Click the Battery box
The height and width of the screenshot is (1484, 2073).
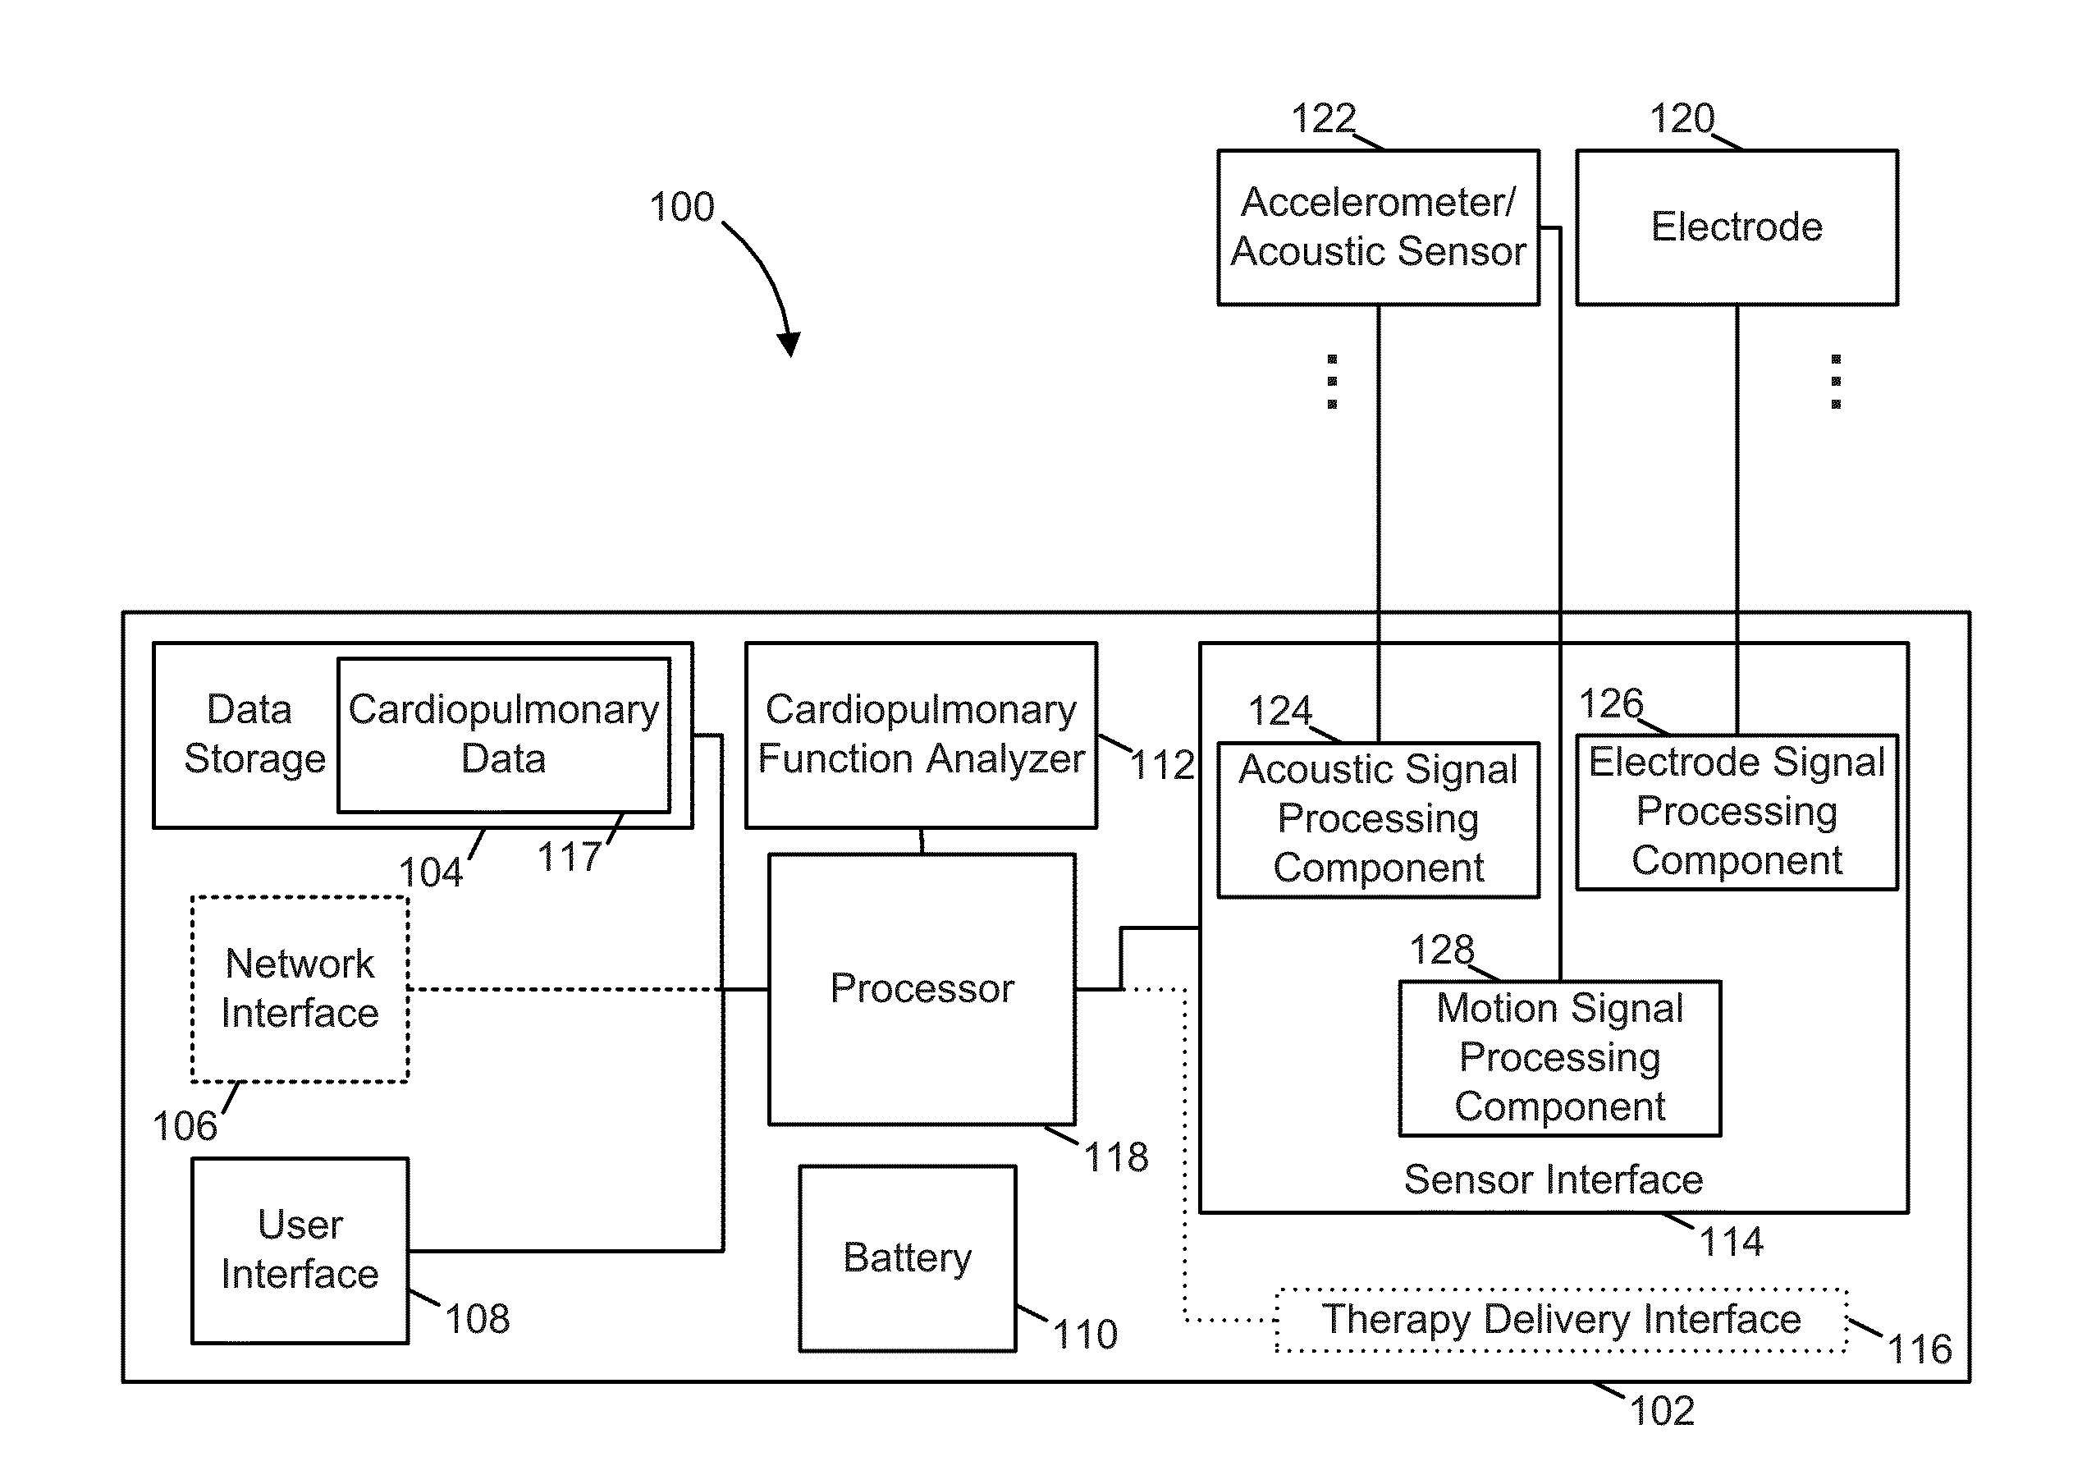pyautogui.click(x=907, y=1257)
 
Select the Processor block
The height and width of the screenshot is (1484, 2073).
pyautogui.click(x=922, y=989)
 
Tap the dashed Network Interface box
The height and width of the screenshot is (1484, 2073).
pyautogui.click(x=300, y=989)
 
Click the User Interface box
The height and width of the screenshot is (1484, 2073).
pyautogui.click(x=300, y=1250)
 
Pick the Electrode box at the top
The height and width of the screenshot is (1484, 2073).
pyautogui.click(x=1737, y=227)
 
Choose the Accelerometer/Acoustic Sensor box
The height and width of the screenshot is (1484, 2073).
pyautogui.click(x=1379, y=227)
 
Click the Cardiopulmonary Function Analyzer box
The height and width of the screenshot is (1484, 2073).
pyautogui.click(x=921, y=735)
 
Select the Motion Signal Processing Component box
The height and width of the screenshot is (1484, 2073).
pyautogui.click(x=1559, y=1058)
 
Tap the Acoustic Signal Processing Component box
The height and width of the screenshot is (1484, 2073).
pyautogui.click(x=1379, y=820)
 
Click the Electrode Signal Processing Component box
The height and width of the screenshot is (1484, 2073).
pyautogui.click(x=1737, y=812)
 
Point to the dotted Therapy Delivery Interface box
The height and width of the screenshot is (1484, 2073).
pyautogui.click(x=1562, y=1320)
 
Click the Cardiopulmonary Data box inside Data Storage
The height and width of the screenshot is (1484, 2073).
pyautogui.click(x=503, y=735)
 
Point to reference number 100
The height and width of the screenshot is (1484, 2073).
pyautogui.click(x=681, y=208)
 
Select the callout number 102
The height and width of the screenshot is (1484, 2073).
pyautogui.click(x=1662, y=1411)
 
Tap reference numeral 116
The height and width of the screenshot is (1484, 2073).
pyautogui.click(x=1920, y=1349)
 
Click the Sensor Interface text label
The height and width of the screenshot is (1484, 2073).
pyautogui.click(x=1554, y=1179)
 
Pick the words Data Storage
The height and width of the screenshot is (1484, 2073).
pyautogui.click(x=254, y=735)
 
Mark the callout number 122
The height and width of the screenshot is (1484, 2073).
pyautogui.click(x=1323, y=119)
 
